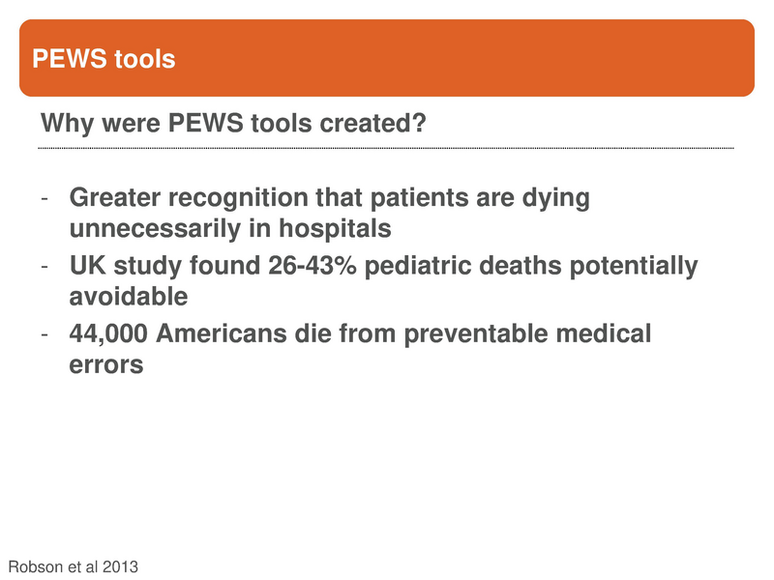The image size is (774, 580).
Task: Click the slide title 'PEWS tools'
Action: click(x=104, y=60)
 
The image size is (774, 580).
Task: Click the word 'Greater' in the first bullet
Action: click(x=114, y=199)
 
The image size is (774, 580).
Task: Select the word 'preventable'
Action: click(x=478, y=333)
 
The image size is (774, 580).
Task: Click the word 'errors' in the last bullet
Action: click(x=106, y=364)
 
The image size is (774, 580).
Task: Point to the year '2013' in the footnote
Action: click(x=118, y=566)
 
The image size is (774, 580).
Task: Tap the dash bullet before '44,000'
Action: click(x=45, y=334)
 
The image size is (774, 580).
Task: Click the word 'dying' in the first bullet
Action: click(x=555, y=199)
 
